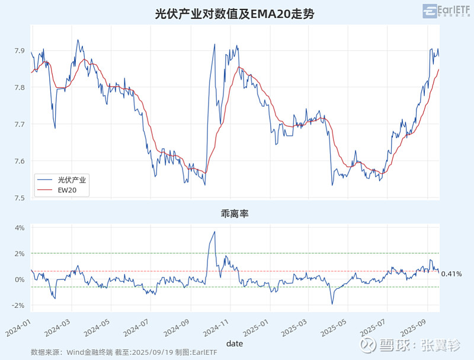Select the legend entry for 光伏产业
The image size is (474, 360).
[x=72, y=179]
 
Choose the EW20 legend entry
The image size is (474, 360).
[x=66, y=190]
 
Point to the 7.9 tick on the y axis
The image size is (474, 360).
[x=20, y=51]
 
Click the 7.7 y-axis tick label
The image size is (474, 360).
[x=20, y=125]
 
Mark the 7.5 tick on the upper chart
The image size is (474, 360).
[x=20, y=198]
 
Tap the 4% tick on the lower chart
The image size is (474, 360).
[x=19, y=228]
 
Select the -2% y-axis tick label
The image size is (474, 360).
[x=18, y=305]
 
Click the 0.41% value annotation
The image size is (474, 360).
[x=451, y=274]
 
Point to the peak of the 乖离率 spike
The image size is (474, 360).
[x=214, y=232]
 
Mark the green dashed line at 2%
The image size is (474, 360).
[x=296, y=253]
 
